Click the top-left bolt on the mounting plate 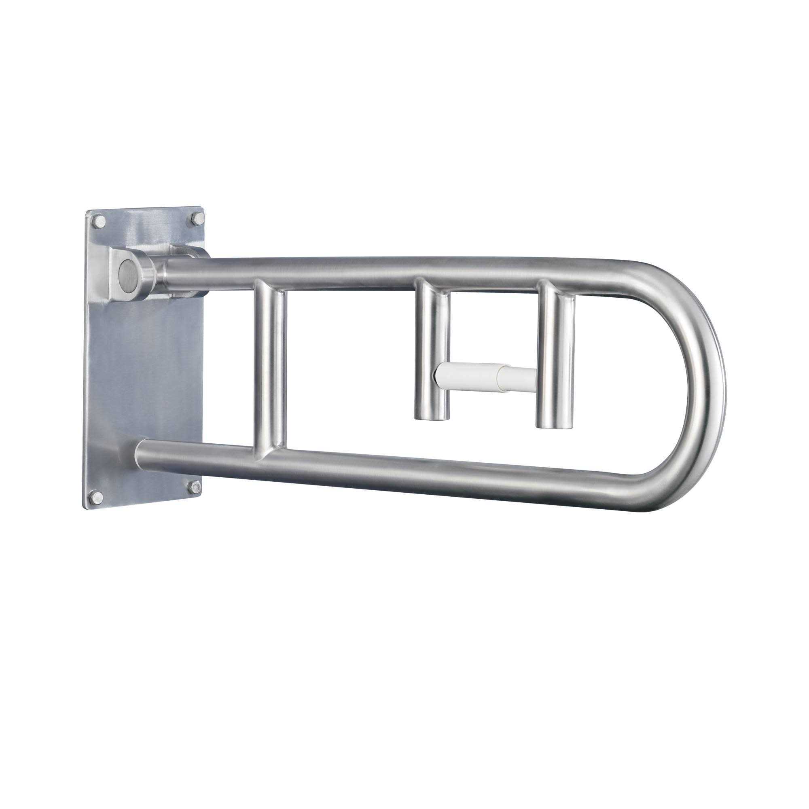(98, 222)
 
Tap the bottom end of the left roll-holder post (432, 415)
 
